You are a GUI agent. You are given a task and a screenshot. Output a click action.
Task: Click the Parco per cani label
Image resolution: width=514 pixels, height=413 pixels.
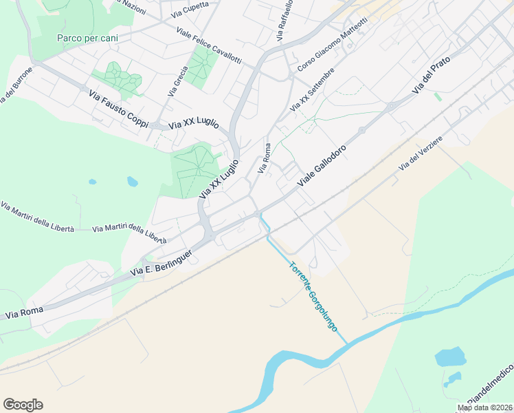(87, 37)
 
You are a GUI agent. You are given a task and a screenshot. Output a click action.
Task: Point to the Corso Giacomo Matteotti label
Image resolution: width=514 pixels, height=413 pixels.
(333, 45)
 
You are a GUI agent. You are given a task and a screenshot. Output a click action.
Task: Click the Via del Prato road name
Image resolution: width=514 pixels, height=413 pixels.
(431, 76)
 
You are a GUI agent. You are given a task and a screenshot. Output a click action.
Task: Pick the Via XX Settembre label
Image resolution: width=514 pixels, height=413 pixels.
(313, 89)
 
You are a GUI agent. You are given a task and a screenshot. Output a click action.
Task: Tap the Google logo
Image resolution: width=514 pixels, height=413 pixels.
(23, 404)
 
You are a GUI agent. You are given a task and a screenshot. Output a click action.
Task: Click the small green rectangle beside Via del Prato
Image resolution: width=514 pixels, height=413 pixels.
(438, 96)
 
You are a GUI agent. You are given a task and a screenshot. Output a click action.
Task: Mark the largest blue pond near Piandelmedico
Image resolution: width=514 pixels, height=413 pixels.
(450, 357)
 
